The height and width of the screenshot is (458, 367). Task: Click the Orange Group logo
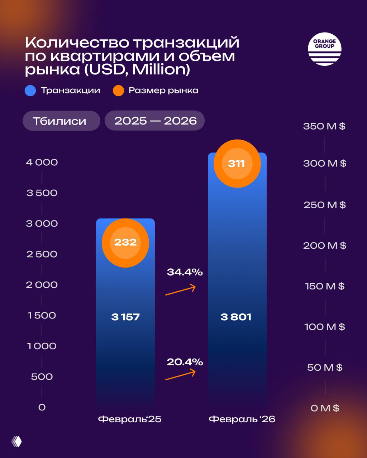coord(324,49)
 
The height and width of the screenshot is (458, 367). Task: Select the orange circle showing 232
coord(125,243)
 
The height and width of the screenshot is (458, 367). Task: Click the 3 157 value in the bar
coord(125,317)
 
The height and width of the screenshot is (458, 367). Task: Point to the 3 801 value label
coord(236,317)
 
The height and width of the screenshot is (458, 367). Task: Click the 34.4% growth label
coord(185,272)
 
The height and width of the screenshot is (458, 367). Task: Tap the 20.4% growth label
coord(185,362)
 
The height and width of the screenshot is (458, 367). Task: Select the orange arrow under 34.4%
coord(180,290)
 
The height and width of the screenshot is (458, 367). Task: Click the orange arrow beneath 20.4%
coord(180,375)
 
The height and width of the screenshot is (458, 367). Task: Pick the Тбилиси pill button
coord(61,121)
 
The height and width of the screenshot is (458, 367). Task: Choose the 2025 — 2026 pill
coord(155,121)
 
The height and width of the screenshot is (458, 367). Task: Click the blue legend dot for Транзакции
coord(30,90)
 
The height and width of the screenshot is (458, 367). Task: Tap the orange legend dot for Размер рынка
coord(118,90)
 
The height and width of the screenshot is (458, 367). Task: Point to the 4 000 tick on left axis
coord(42,162)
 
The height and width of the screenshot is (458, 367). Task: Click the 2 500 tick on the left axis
coord(42,254)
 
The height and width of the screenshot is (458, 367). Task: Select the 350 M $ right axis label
coord(324,126)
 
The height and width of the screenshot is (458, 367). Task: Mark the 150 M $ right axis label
coord(324,286)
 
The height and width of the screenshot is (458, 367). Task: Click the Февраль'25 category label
coord(129,419)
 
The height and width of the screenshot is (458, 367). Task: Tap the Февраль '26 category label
coord(242,419)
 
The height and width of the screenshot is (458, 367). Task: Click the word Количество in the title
coord(77,43)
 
